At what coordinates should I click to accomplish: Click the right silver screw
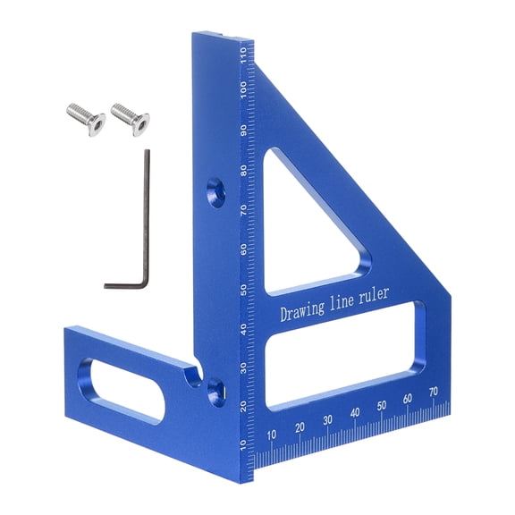129,116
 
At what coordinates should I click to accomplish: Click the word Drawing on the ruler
307,313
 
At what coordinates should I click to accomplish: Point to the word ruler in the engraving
394,298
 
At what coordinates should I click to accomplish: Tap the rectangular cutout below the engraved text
343,358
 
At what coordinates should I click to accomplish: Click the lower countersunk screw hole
215,386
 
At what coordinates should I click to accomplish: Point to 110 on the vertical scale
243,62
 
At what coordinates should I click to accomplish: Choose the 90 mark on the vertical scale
243,131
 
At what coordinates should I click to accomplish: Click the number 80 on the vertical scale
243,171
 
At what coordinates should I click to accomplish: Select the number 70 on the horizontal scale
434,392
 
